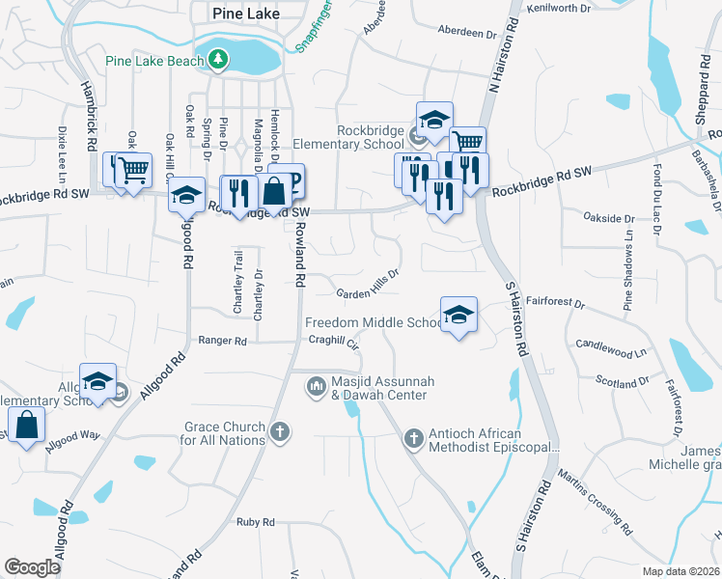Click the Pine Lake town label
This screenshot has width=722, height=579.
[x=234, y=13]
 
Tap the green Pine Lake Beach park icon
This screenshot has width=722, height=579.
[x=219, y=60]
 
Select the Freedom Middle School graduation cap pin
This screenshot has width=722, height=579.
[x=458, y=315]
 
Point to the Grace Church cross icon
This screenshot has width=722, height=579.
[x=280, y=431]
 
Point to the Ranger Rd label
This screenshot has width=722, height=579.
[x=222, y=341]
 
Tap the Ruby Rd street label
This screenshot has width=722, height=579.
[x=256, y=522]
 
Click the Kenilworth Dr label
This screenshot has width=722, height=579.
[x=558, y=8]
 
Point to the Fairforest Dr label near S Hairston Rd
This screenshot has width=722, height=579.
[x=557, y=303]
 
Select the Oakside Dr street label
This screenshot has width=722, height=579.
[x=611, y=218]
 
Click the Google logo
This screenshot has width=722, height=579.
[x=32, y=567]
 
